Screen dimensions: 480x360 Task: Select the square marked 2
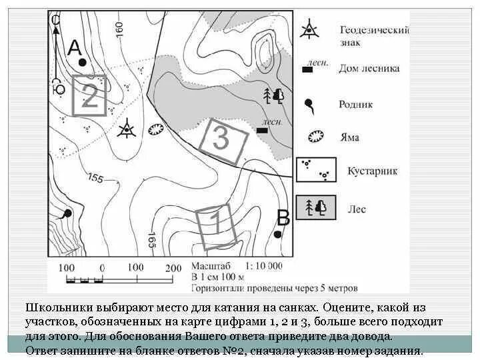pyautogui.click(x=89, y=96)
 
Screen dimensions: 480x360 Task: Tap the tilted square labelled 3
pyautogui.click(x=222, y=140)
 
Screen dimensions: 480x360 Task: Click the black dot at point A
pyautogui.click(x=82, y=62)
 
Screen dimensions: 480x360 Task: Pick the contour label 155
pyautogui.click(x=95, y=179)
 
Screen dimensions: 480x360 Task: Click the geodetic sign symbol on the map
pyautogui.click(x=125, y=128)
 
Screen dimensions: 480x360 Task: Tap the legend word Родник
pyautogui.click(x=355, y=104)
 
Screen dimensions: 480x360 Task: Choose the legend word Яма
pyautogui.click(x=349, y=137)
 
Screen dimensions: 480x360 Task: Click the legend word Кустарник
pyautogui.click(x=372, y=171)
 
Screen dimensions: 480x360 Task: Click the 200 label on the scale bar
pyautogui.click(x=173, y=267)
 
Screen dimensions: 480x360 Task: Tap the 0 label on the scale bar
pyautogui.click(x=102, y=267)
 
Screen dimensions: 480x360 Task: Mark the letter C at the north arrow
pyautogui.click(x=55, y=21)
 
